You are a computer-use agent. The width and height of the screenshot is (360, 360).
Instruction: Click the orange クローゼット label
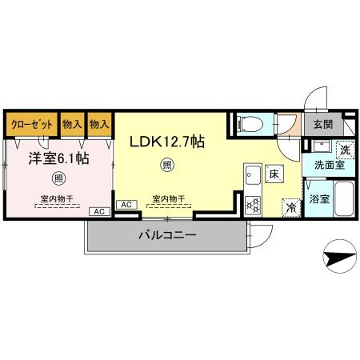pos(32,125)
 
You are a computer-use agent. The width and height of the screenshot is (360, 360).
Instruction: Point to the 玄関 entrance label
pos(323,124)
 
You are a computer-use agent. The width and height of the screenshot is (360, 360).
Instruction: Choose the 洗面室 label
pos(330,165)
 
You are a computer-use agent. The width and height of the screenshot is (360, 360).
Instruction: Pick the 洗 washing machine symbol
pos(345,149)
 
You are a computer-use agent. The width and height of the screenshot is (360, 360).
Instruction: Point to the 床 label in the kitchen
pos(273,172)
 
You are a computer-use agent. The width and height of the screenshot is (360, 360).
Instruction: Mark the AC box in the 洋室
pos(99,211)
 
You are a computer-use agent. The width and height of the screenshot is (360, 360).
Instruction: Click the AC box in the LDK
pos(125,205)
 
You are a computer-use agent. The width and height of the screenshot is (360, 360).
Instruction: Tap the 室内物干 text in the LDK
pos(168,198)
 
